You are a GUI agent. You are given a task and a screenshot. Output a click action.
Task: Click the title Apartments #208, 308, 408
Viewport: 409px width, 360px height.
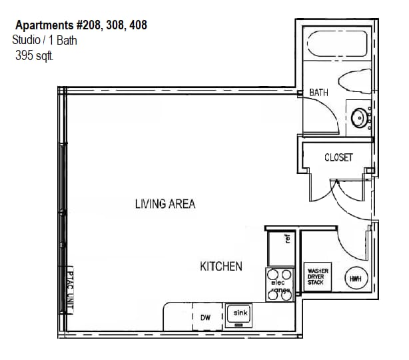pyautogui.click(x=81, y=25)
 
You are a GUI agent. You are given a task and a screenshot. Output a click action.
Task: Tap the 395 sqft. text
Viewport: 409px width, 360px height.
pyautogui.click(x=34, y=57)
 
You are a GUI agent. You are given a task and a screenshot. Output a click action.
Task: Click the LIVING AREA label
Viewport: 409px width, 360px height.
pyautogui.click(x=165, y=204)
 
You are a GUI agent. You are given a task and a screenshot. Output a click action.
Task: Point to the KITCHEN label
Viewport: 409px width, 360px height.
pyautogui.click(x=221, y=267)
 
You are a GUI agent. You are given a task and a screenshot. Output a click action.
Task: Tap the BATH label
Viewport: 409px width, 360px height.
pyautogui.click(x=318, y=93)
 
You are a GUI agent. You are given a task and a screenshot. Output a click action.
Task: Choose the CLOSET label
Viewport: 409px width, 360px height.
pyautogui.click(x=338, y=158)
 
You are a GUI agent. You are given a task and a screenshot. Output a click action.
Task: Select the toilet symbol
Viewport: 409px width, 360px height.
pyautogui.click(x=356, y=81)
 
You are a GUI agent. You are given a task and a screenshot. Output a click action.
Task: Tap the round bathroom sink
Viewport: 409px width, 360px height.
pyautogui.click(x=360, y=118)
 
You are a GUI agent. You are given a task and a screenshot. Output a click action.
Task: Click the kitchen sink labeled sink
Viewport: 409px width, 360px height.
pyautogui.click(x=240, y=315)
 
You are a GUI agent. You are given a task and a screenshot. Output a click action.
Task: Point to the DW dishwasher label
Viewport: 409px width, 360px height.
pyautogui.click(x=205, y=318)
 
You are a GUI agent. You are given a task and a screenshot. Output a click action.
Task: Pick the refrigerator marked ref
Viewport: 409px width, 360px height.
pyautogui.click(x=280, y=246)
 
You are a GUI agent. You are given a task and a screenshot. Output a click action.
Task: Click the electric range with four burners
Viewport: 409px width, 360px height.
pyautogui.click(x=279, y=283)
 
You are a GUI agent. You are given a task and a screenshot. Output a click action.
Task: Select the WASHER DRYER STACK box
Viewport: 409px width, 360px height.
pyautogui.click(x=318, y=277)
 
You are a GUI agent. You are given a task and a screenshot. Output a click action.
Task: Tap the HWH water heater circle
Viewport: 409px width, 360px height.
pyautogui.click(x=355, y=278)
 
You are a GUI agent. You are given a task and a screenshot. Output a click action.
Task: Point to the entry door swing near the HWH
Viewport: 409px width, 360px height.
pyautogui.click(x=352, y=240)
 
